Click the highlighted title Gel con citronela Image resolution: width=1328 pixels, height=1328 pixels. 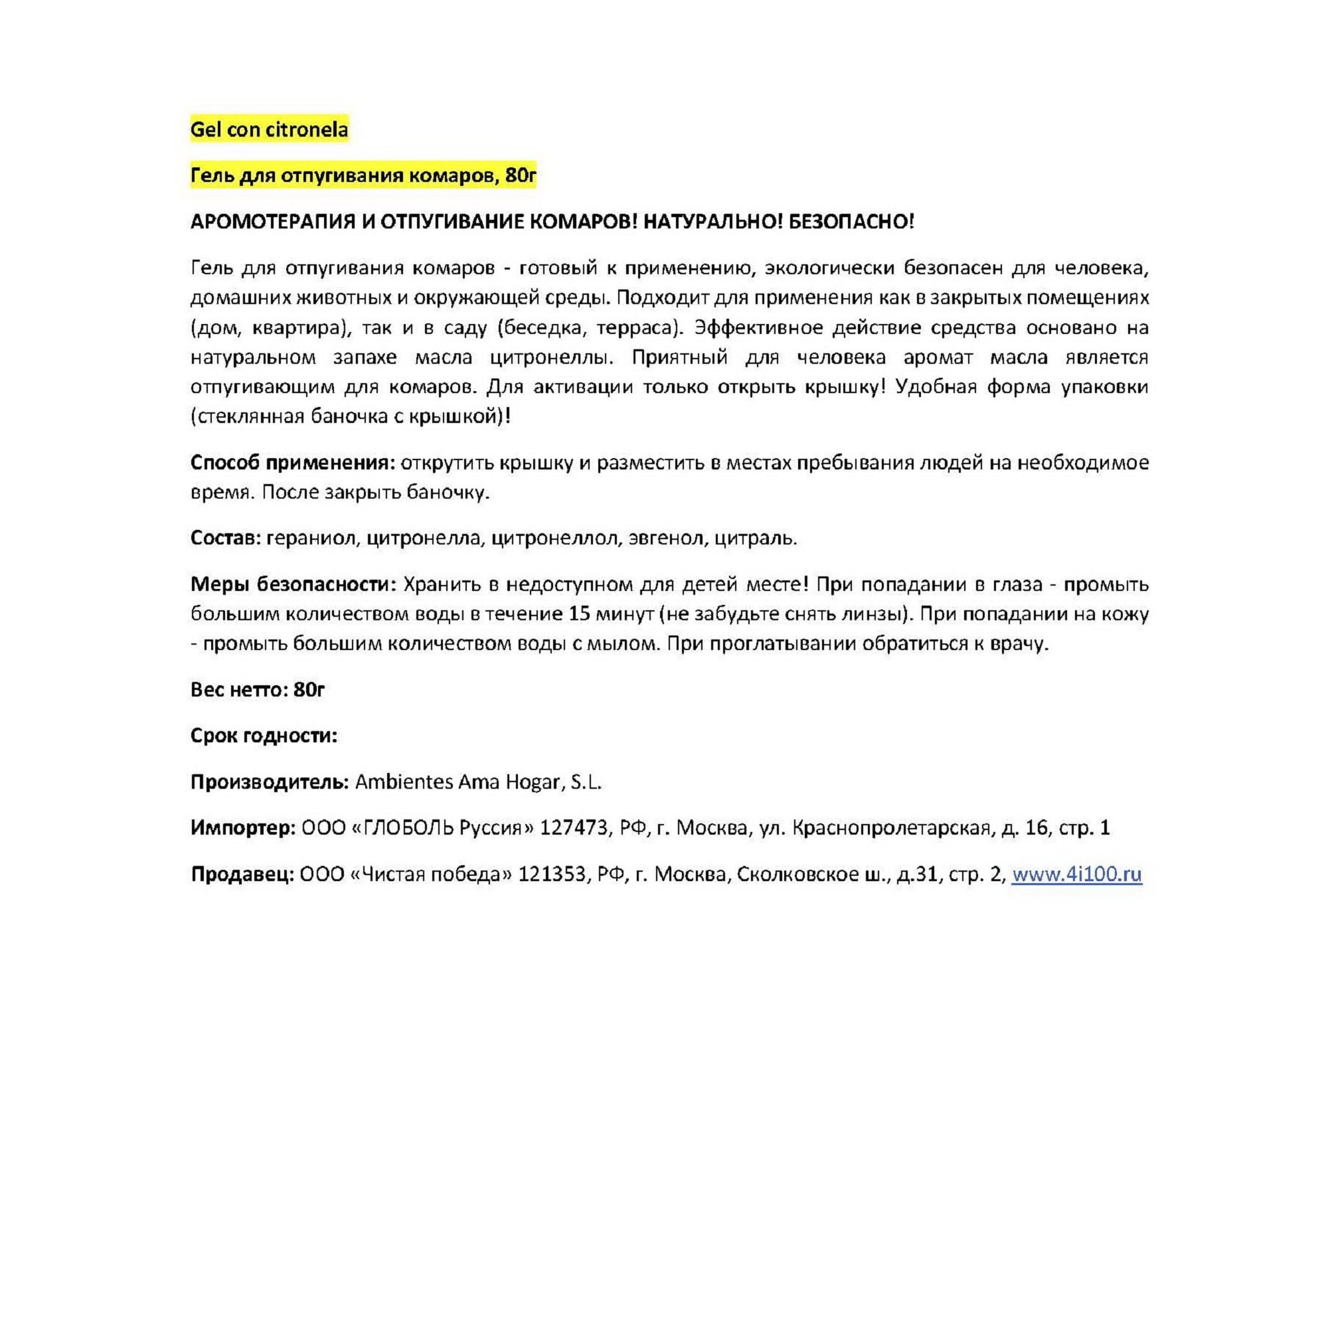pos(269,130)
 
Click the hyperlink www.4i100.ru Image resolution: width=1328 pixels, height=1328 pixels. pos(1076,874)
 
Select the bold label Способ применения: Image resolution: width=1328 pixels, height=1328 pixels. pos(293,463)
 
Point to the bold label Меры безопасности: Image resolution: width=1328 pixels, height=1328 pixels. pos(293,584)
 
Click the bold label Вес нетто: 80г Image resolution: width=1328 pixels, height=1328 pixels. pos(257,689)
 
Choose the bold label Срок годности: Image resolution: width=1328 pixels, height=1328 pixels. pos(264,736)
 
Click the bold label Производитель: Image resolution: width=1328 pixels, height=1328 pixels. pos(270,782)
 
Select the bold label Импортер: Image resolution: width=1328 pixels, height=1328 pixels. pos(243,827)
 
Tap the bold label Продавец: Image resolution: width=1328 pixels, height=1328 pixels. pos(242,874)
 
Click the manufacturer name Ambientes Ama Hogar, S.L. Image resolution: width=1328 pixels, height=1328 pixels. pos(478,782)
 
